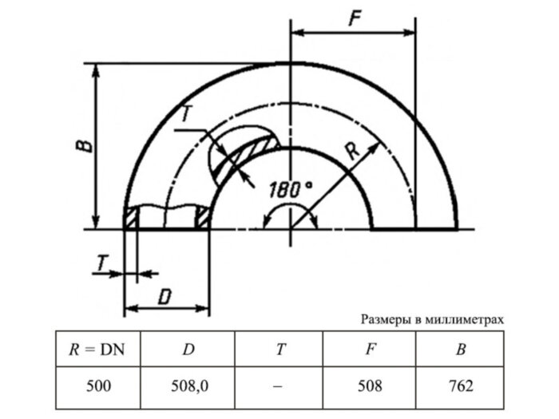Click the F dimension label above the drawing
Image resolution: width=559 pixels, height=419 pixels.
[352, 19]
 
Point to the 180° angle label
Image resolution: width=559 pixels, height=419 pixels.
[291, 190]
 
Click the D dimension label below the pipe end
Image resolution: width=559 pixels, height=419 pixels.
[165, 296]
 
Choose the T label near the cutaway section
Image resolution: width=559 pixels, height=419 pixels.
[185, 114]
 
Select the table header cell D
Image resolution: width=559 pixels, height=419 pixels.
[189, 348]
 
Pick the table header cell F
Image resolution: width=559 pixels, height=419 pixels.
[370, 348]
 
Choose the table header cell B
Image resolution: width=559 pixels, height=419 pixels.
[460, 348]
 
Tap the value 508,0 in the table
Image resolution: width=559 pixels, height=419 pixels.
[189, 386]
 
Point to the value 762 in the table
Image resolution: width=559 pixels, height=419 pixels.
[460, 386]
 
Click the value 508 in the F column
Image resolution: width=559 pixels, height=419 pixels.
[370, 386]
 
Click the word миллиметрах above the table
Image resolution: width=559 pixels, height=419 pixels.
[465, 320]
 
